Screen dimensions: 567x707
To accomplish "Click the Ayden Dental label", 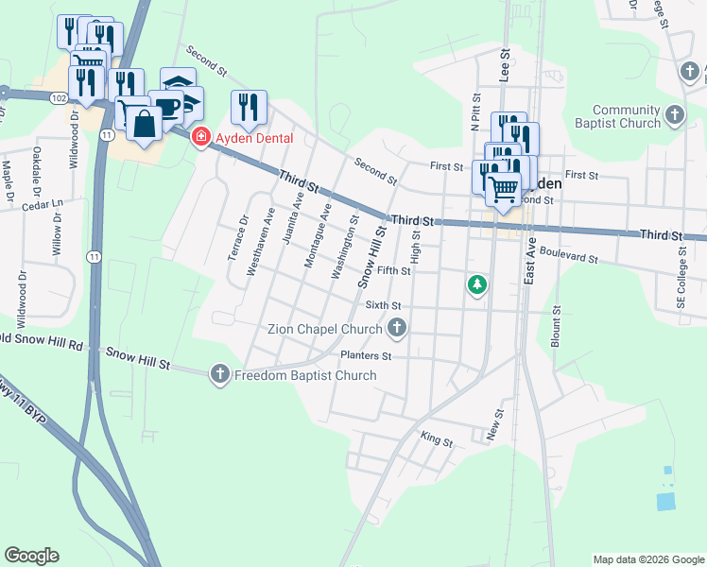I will click(x=254, y=138).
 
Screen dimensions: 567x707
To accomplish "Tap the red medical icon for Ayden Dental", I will click(x=200, y=138).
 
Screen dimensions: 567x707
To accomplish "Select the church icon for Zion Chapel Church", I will click(x=397, y=328).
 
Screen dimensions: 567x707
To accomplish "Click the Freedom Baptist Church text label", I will click(x=305, y=375).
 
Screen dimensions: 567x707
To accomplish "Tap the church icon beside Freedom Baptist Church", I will click(x=220, y=375).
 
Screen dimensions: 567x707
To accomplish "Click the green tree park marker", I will click(x=478, y=283).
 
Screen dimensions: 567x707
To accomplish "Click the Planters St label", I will click(x=366, y=356).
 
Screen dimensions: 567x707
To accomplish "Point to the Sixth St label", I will click(x=384, y=306).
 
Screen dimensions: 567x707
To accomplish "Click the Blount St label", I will click(x=557, y=326).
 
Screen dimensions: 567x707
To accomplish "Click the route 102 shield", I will click(x=60, y=97).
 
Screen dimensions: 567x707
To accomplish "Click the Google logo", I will click(x=31, y=556).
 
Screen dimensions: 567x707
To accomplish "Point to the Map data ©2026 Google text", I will click(x=647, y=559).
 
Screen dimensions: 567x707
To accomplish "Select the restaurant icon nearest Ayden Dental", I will click(x=250, y=107).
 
